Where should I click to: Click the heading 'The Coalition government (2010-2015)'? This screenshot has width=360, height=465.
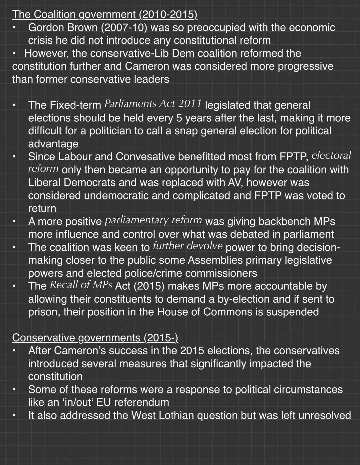(x=105, y=15)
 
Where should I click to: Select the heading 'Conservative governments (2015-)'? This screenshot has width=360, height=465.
(x=95, y=338)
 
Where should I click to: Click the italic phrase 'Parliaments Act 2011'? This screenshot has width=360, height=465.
(x=153, y=104)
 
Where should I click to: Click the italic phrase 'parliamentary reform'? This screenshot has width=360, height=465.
(x=153, y=220)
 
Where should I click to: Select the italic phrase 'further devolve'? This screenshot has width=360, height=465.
(x=187, y=246)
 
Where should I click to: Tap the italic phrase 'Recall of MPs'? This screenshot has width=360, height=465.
(x=81, y=285)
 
